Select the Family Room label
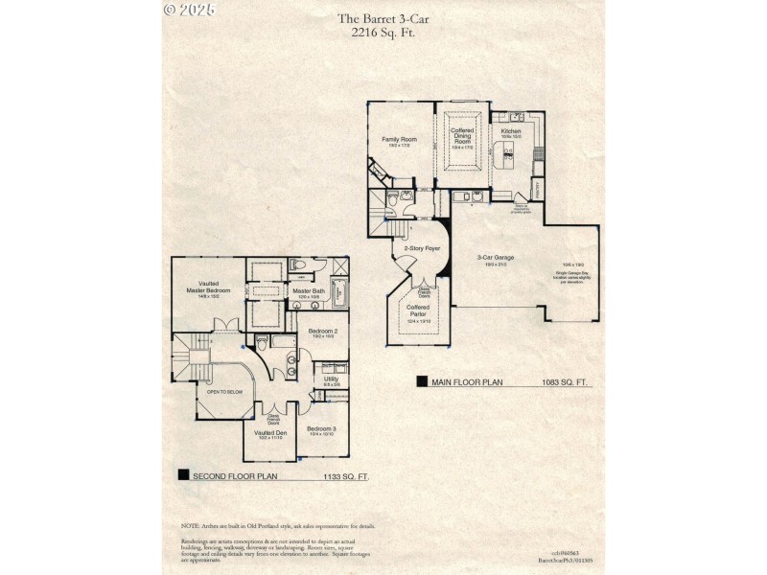(x=399, y=140)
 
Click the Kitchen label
(x=510, y=131)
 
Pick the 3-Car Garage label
(x=496, y=257)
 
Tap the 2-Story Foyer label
(x=421, y=248)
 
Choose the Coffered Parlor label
(x=418, y=310)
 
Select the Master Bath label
(x=309, y=290)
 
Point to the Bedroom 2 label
(x=322, y=331)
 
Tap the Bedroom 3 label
(x=322, y=428)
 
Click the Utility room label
(x=331, y=379)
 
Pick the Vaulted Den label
(x=269, y=433)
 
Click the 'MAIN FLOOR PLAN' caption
(x=466, y=382)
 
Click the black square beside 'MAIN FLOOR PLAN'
(x=422, y=381)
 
